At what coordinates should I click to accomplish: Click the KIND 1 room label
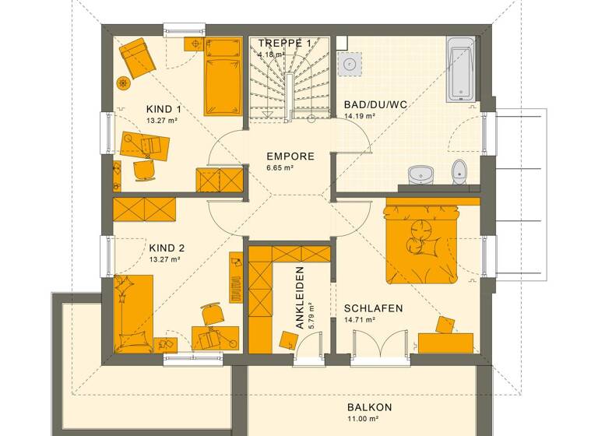pyautogui.click(x=164, y=109)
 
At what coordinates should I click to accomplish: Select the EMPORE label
pyautogui.click(x=290, y=156)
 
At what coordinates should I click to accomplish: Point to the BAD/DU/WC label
pyautogui.click(x=375, y=104)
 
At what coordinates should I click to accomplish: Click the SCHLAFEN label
pyautogui.click(x=373, y=308)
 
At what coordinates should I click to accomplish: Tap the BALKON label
pyautogui.click(x=369, y=407)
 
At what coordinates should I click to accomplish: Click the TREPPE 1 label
pyautogui.click(x=284, y=43)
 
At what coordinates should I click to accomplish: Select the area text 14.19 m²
pyautogui.click(x=360, y=117)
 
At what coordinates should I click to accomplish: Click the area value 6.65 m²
pyautogui.click(x=279, y=168)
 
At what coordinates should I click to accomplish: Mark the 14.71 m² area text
pyautogui.click(x=361, y=320)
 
